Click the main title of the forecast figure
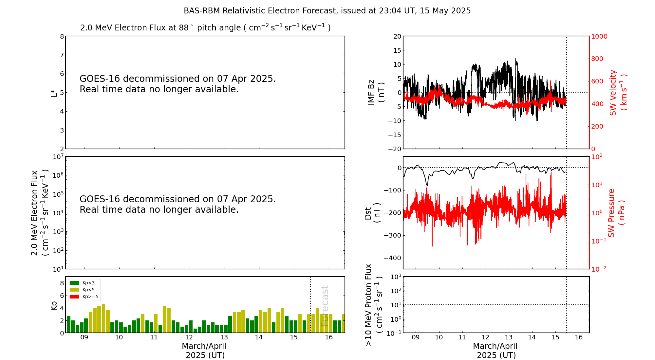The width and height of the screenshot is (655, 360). point(327,11)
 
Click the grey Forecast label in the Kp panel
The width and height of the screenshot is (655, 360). point(325,306)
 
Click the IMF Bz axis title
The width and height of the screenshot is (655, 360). point(376,92)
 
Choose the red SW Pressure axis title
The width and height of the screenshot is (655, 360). point(616,213)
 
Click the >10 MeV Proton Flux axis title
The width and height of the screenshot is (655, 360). point(374,305)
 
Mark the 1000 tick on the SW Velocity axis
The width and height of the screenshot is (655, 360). point(599,36)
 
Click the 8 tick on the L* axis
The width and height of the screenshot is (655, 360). point(62,36)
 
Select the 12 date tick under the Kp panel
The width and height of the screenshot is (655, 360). point(189,337)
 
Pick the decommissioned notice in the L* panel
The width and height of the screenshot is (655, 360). point(178,84)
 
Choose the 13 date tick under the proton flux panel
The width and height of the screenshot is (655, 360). point(509,337)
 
